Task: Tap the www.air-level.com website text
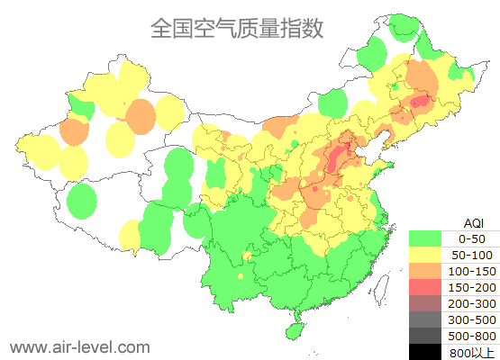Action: [79, 346]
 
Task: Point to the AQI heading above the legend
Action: [473, 222]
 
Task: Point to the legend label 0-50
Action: [471, 238]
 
